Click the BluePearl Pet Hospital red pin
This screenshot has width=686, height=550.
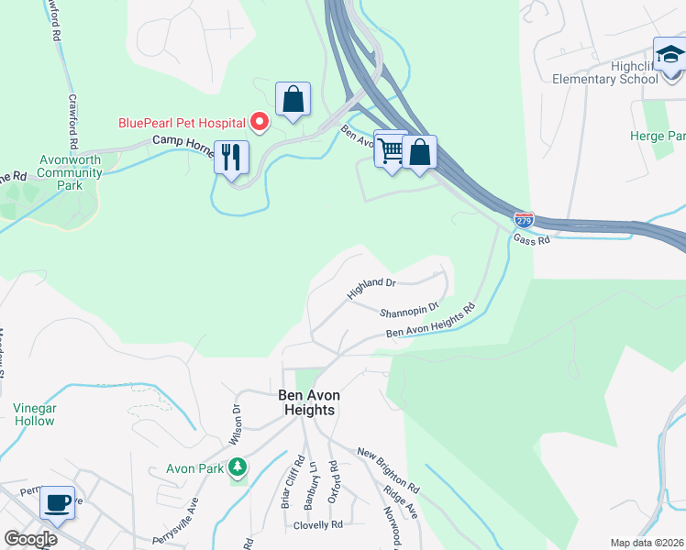(260, 122)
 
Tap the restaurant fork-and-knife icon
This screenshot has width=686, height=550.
(231, 157)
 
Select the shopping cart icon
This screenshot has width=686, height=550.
(391, 148)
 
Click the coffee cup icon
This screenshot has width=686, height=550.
(57, 502)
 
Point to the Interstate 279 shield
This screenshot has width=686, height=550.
(524, 221)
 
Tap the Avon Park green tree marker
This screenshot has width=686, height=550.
(238, 467)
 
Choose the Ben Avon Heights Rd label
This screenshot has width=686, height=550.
(431, 323)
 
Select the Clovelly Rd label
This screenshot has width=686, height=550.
(317, 525)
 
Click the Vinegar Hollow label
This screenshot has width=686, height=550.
(34, 414)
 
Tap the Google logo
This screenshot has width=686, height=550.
(30, 538)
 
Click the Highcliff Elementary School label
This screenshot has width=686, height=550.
(605, 72)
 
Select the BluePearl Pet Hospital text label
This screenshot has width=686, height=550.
(181, 123)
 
